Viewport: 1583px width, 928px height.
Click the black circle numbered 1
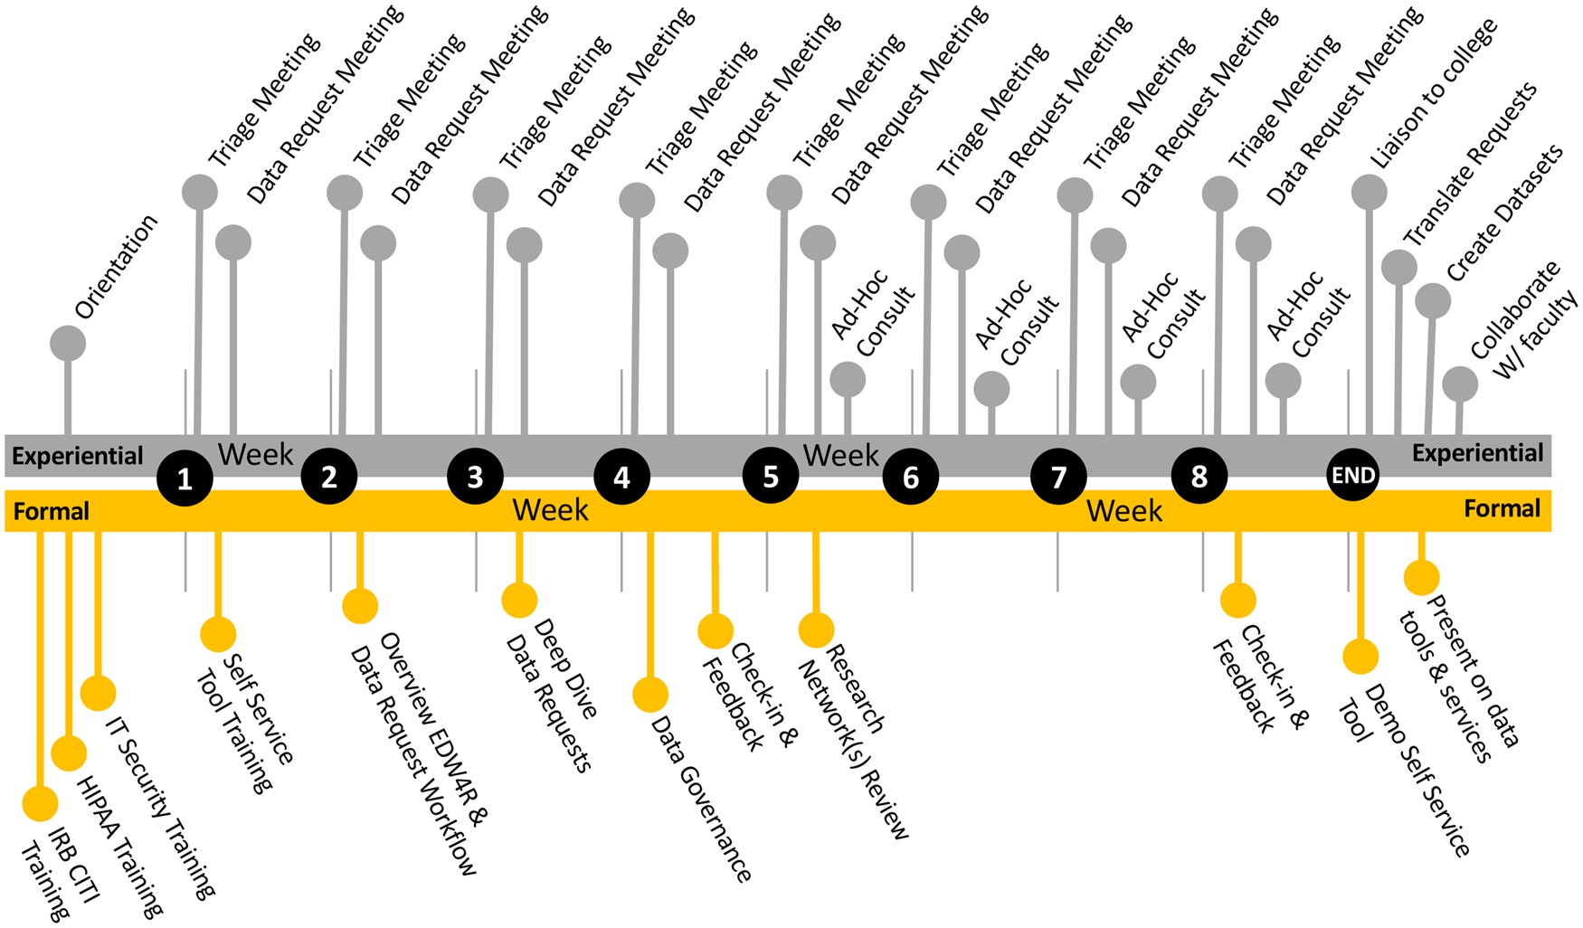[185, 478]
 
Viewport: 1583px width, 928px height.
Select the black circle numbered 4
[621, 477]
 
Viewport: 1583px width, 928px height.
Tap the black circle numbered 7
[1058, 477]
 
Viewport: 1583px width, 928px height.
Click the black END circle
[1352, 476]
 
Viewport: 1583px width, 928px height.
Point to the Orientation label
[116, 267]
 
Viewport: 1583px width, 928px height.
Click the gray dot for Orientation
[68, 344]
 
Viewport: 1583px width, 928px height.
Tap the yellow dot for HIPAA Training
[69, 753]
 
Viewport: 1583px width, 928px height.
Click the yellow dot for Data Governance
[650, 695]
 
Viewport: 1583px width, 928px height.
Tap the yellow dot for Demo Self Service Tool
[1360, 657]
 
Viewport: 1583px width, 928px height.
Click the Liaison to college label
[1432, 94]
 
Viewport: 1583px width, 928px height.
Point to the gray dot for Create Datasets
[1433, 301]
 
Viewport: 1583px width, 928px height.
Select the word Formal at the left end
[52, 512]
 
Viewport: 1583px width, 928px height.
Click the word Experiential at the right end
[1477, 453]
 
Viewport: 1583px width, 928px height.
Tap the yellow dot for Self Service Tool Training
[218, 634]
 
